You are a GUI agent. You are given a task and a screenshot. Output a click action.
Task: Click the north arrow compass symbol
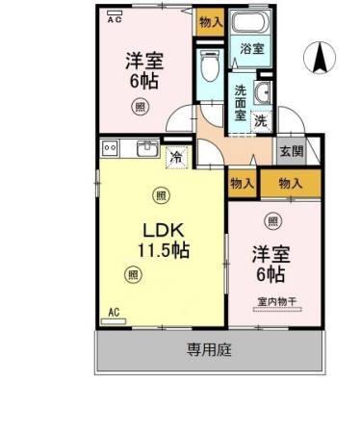[318, 59]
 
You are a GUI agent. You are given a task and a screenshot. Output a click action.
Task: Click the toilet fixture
[209, 68]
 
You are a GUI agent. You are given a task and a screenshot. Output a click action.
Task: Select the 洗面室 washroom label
[241, 103]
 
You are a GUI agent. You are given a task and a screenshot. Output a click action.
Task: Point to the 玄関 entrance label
[291, 151]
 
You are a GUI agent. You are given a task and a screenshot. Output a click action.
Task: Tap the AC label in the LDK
[113, 312]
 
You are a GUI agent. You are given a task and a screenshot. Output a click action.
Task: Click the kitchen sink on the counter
[149, 147]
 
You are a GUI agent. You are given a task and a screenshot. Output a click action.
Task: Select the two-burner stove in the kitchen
[109, 147]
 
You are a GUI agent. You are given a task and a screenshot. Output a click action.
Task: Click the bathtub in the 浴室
[252, 26]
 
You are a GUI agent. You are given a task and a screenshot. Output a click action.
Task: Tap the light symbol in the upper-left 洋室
[140, 106]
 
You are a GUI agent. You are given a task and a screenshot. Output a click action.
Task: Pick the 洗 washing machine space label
[260, 120]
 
